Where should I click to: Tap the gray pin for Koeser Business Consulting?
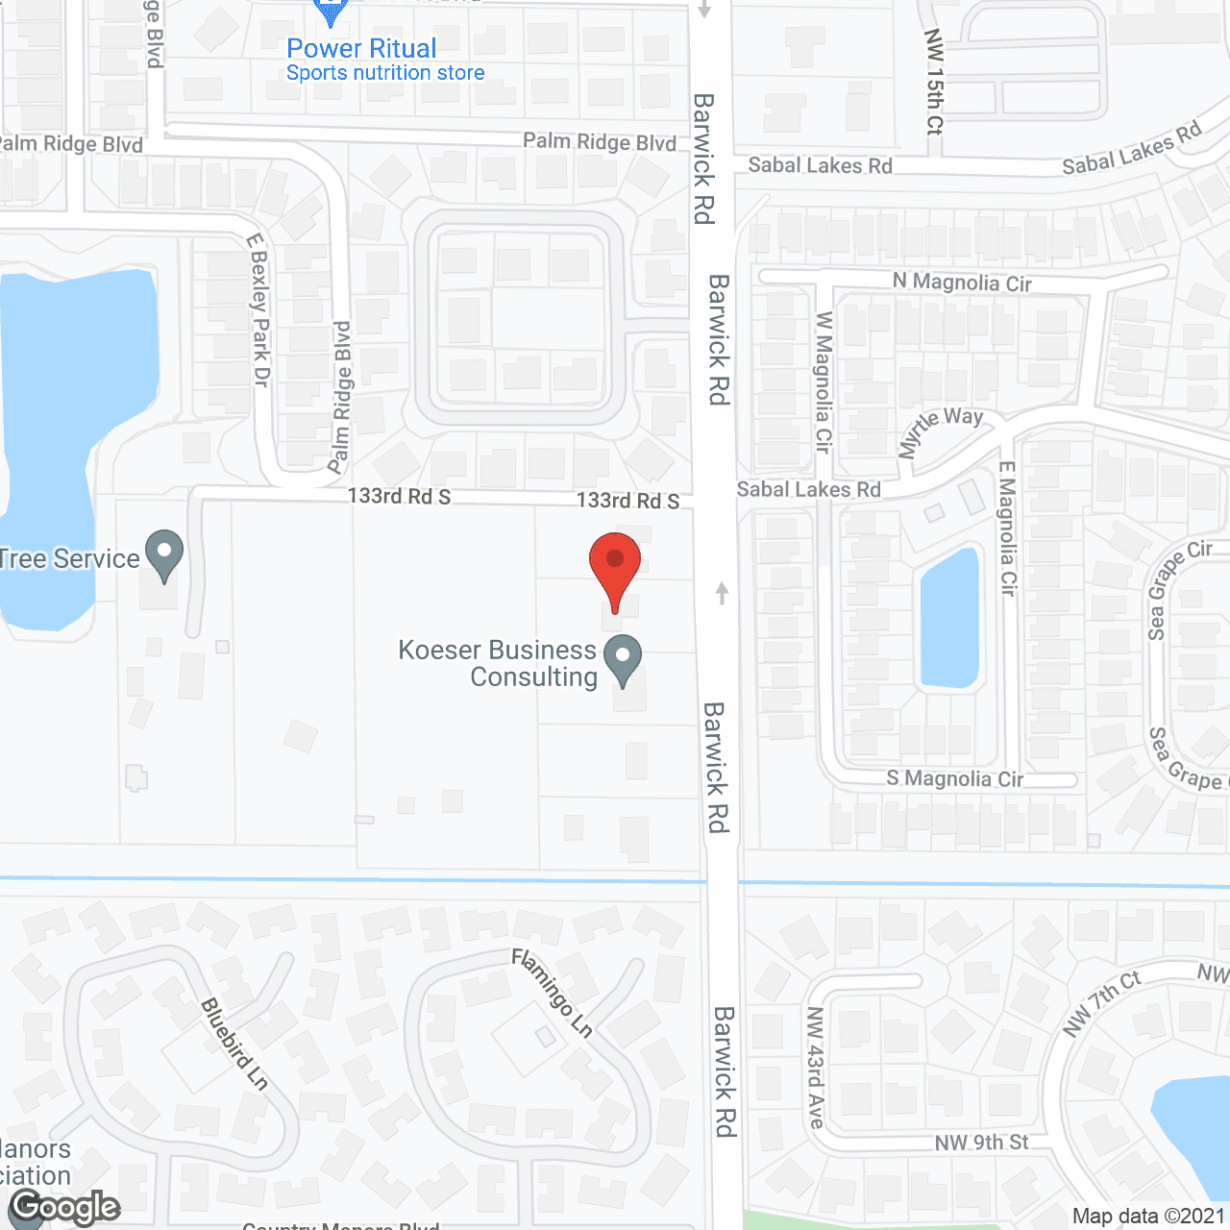click(623, 659)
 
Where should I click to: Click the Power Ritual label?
click(361, 48)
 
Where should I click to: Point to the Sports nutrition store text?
click(385, 73)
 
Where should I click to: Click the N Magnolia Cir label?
click(961, 283)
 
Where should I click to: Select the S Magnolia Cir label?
click(954, 778)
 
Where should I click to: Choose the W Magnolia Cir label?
click(824, 381)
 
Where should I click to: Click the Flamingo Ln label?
click(552, 993)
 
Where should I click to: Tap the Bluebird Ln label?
click(234, 1044)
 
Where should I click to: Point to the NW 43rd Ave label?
click(816, 1067)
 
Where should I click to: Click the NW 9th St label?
click(981, 1143)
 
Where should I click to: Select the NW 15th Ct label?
click(934, 81)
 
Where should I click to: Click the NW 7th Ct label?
click(1101, 1003)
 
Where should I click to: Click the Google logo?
click(65, 1207)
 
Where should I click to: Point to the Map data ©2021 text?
click(1148, 1216)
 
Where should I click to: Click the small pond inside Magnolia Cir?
click(949, 618)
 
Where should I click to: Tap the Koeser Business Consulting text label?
click(498, 663)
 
